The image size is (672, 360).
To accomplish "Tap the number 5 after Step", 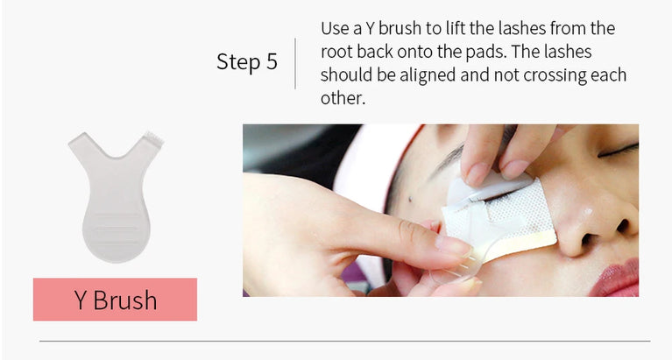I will pyautogui.click(x=271, y=62).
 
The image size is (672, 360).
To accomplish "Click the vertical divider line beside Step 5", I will pyautogui.click(x=296, y=62).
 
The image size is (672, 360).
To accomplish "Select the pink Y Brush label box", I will pyautogui.click(x=115, y=300).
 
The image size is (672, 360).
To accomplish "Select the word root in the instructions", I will pyautogui.click(x=336, y=52).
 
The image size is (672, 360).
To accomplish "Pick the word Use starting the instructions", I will pyautogui.click(x=336, y=29).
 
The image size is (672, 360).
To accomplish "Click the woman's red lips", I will pyautogui.click(x=619, y=278).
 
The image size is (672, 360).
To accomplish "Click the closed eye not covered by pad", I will pyautogui.click(x=619, y=151).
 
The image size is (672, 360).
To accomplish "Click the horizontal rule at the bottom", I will pyautogui.click(x=344, y=341).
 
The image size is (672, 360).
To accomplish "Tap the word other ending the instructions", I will pyautogui.click(x=342, y=97).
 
